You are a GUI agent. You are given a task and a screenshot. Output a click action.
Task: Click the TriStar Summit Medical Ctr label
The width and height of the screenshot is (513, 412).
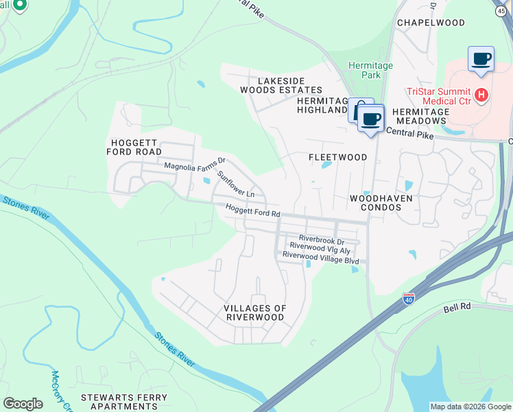tap(438, 95)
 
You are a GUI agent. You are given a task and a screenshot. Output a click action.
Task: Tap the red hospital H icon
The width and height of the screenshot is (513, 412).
tap(481, 95)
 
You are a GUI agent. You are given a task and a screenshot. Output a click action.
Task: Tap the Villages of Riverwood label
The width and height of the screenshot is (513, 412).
tap(255, 312)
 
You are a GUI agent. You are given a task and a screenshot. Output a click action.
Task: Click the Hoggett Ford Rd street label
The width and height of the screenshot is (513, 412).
tap(254, 214)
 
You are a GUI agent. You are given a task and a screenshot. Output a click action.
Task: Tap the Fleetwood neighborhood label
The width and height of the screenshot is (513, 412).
tap(337, 157)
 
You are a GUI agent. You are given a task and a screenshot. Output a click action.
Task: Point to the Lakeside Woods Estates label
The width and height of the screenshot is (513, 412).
tap(281, 85)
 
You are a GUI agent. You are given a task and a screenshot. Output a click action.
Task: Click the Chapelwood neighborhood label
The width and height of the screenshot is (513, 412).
tap(431, 23)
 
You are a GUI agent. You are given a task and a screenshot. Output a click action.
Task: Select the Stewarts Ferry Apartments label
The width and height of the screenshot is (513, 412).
tap(124, 402)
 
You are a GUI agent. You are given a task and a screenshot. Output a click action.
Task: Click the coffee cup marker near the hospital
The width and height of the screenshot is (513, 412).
tap(481, 58)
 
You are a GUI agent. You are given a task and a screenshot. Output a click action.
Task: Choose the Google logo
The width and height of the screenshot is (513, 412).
tap(23, 404)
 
